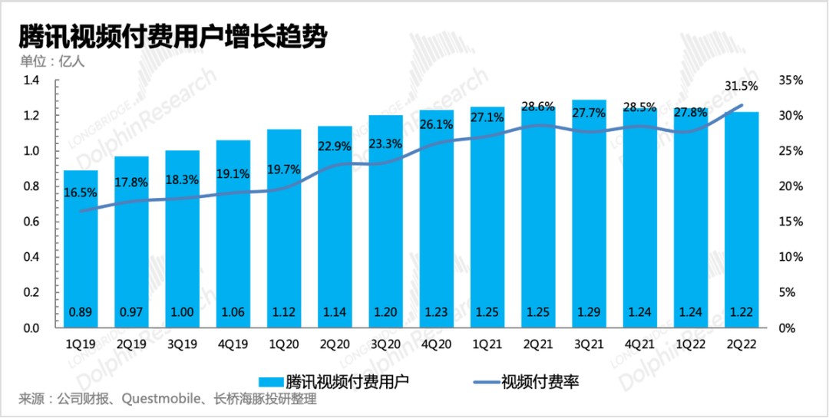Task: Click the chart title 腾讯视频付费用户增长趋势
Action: pyautogui.click(x=173, y=36)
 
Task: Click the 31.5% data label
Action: pyautogui.click(x=741, y=86)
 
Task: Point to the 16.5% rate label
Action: pyautogui.click(x=81, y=193)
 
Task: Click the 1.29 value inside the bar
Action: pyautogui.click(x=590, y=313)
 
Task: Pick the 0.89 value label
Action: pyautogui.click(x=81, y=313)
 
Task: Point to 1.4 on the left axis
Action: pyautogui.click(x=31, y=81)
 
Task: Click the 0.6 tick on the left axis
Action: pyautogui.click(x=31, y=222)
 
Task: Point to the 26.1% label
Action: pyautogui.click(x=437, y=123)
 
